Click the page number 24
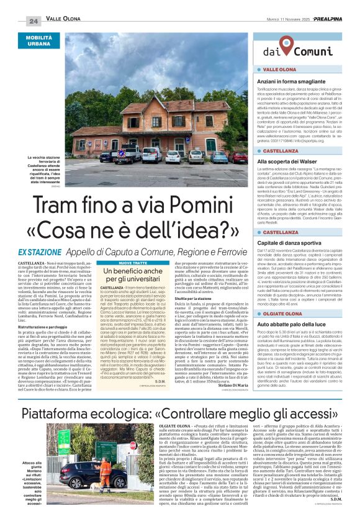[x=34, y=20]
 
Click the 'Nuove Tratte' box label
[x=133, y=263]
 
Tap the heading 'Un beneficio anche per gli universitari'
[x=133, y=276]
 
